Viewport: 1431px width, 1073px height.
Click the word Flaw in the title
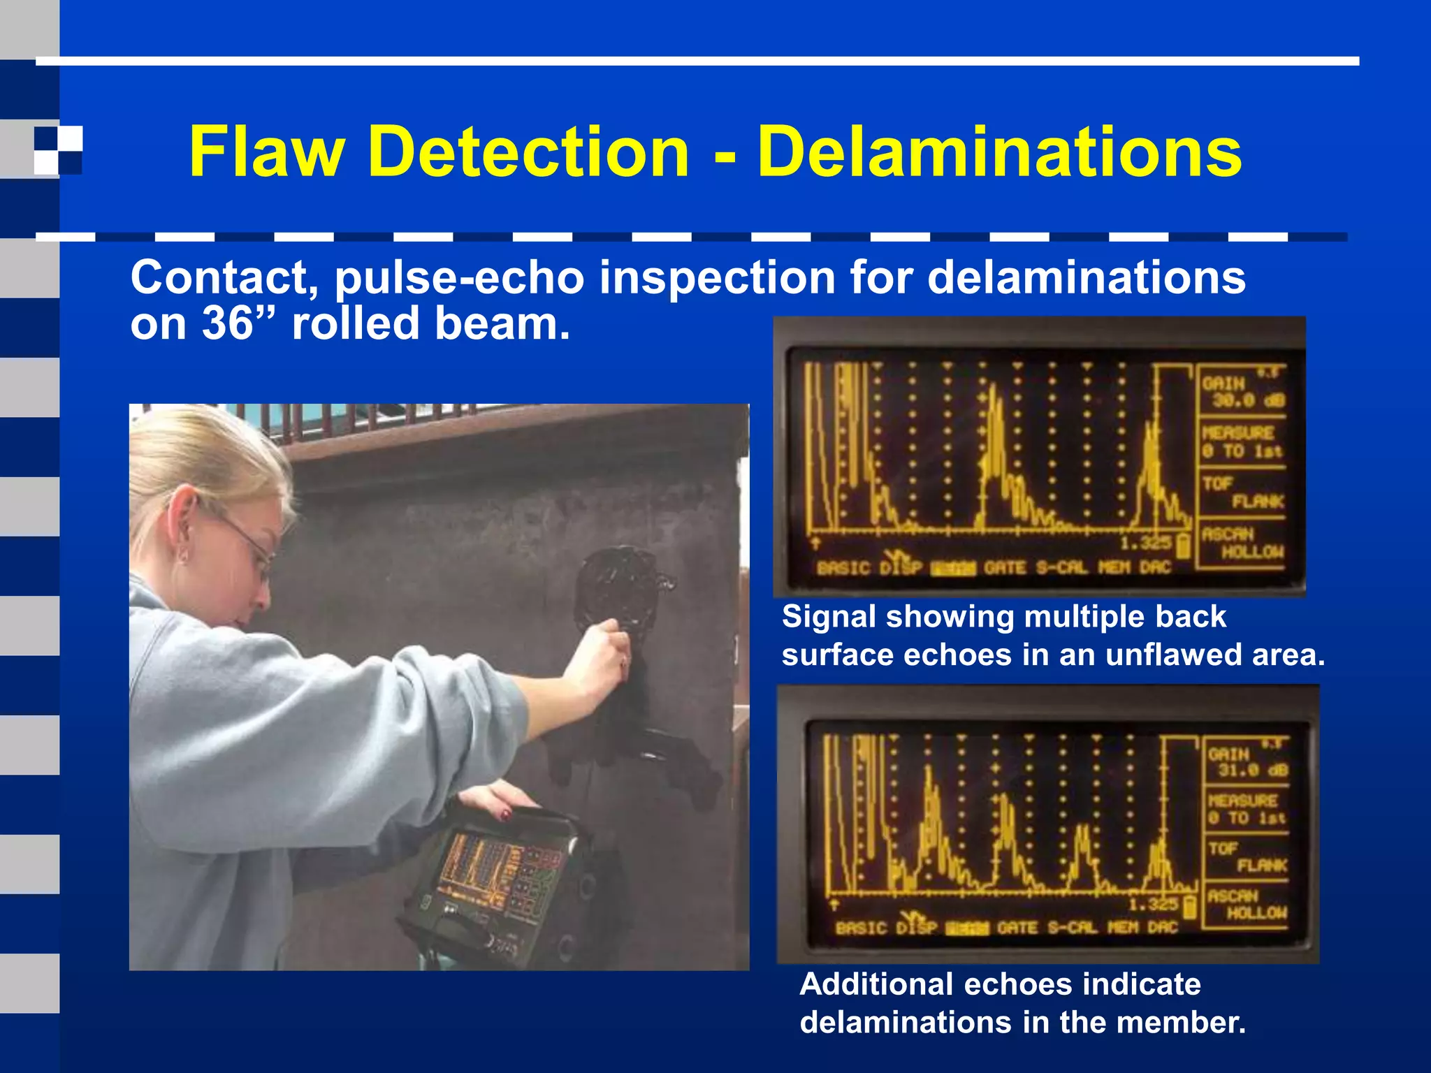tap(266, 152)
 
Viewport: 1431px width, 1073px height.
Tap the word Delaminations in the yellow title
tap(999, 152)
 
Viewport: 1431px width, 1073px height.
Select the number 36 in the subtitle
tap(228, 324)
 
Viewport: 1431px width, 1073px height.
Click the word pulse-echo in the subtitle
tap(460, 277)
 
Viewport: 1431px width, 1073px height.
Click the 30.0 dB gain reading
tap(1247, 401)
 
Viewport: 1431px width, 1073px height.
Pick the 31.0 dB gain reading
tap(1253, 771)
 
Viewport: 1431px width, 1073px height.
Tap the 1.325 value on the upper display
tap(1145, 543)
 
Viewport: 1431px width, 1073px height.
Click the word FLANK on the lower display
tap(1261, 866)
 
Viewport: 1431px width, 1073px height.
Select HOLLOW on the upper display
tap(1252, 553)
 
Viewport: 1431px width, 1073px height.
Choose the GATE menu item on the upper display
tap(1005, 568)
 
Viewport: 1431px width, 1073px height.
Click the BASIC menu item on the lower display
tap(864, 928)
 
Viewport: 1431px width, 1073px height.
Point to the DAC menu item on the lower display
tap(1162, 927)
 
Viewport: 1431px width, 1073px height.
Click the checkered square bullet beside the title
tap(58, 149)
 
